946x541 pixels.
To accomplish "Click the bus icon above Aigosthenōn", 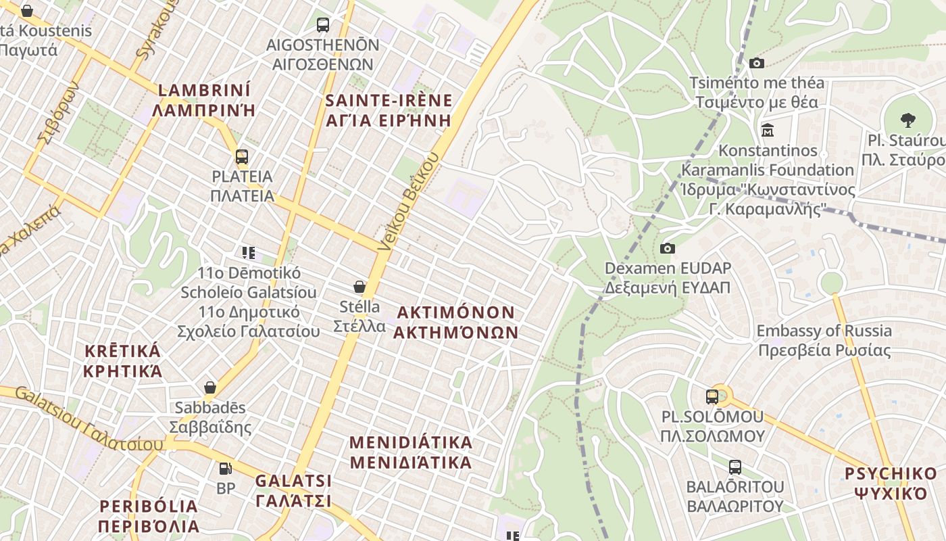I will tap(323, 25).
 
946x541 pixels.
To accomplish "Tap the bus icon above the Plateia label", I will tap(242, 157).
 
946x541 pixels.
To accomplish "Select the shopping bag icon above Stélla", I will tap(359, 287).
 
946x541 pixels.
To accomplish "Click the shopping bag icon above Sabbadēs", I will tap(210, 387).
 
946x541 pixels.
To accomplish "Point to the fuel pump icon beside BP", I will tap(225, 468).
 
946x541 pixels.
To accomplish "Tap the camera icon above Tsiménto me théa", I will tap(757, 63).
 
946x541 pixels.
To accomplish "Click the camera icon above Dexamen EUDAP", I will tap(668, 248).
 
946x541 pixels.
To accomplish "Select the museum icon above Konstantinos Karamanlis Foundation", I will tap(768, 129).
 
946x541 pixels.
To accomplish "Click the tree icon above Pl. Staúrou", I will tap(908, 120).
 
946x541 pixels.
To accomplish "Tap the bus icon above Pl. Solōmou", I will tap(712, 396).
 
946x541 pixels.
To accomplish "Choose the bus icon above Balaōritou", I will tap(735, 467).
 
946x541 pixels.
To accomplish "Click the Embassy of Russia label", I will tap(824, 340).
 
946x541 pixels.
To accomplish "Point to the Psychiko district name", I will tap(891, 483).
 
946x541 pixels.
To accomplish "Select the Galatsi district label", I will tap(293, 491).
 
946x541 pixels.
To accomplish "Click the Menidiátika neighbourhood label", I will tap(411, 452).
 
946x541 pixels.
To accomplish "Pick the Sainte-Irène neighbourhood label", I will tap(389, 110).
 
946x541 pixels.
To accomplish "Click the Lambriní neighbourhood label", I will tap(204, 99).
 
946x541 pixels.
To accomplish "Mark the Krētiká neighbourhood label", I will tap(123, 361).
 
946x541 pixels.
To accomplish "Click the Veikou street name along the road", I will tap(409, 203).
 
